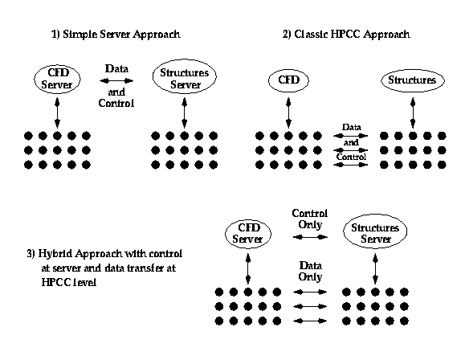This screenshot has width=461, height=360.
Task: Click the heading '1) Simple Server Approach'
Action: tap(116, 35)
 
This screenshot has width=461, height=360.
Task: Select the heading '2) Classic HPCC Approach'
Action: tap(346, 35)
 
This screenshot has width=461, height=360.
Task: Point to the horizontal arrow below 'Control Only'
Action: tap(310, 237)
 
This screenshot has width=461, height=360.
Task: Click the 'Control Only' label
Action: tap(310, 219)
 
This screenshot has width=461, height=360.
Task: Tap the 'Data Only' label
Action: tap(311, 271)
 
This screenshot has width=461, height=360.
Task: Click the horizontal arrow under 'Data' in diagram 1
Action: tap(116, 81)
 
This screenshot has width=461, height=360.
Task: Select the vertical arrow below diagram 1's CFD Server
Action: tap(57, 112)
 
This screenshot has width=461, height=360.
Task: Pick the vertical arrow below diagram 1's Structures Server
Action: tap(185, 112)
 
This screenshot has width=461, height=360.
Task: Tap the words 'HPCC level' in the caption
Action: tap(69, 282)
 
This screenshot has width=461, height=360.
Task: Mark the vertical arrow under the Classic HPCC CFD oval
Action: tap(288, 112)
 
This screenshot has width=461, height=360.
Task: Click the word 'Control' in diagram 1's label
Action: tap(116, 103)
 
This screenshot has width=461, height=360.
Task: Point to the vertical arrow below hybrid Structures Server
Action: tap(375, 269)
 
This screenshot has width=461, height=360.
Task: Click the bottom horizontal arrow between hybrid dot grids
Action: tap(310, 321)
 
